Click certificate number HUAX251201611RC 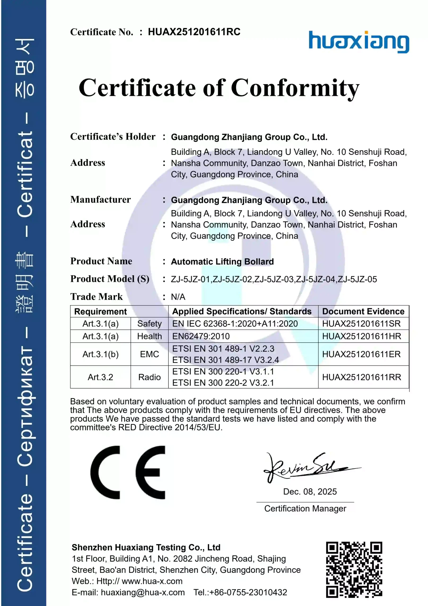pos(194,32)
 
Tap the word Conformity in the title pos(295,88)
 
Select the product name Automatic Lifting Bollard pos(222,262)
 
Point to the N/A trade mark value pos(178,297)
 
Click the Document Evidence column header pos(363,312)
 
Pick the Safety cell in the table pos(149,324)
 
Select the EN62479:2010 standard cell pos(201,336)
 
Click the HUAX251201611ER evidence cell pos(361,354)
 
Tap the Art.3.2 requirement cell pos(100,377)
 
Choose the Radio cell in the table pos(149,377)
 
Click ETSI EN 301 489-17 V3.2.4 pos(226,360)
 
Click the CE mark pos(128,472)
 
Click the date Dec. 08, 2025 pos(310,491)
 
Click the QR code pos(354,570)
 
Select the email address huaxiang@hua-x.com pos(143,592)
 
